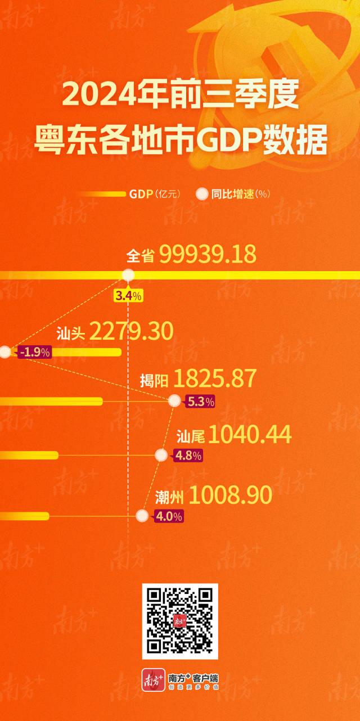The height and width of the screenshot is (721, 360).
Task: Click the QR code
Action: tap(180, 621)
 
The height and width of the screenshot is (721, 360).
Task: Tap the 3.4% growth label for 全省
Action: tap(129, 295)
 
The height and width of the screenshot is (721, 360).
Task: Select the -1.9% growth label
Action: tap(35, 353)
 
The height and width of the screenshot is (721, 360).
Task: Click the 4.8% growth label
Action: tap(187, 456)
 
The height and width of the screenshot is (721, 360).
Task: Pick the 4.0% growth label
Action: tap(168, 516)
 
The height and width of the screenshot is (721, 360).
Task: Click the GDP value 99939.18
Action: tap(208, 255)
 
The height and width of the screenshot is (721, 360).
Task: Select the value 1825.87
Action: tap(215, 380)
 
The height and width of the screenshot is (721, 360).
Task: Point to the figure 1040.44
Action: tap(250, 434)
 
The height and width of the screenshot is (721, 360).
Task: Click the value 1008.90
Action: tap(231, 495)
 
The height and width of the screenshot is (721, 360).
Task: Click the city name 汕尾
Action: tap(190, 436)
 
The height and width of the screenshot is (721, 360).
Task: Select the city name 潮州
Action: tap(169, 497)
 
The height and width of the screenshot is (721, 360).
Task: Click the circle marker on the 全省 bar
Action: tap(128, 275)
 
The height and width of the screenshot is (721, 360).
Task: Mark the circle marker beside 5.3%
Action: tap(175, 401)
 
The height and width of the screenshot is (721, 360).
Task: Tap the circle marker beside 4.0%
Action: tap(142, 515)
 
